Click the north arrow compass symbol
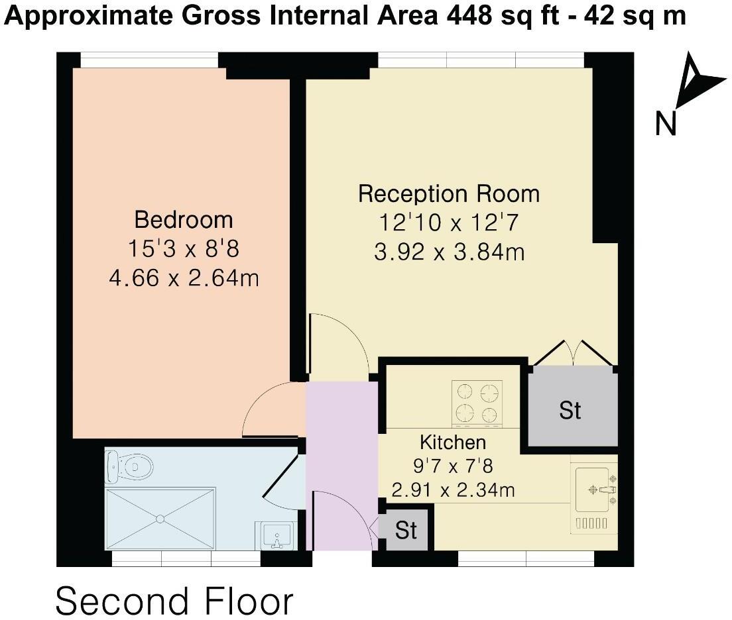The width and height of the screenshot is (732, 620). pos(696,83)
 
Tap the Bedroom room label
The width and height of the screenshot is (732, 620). pos(183,219)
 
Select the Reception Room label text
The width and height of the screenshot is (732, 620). pos(449,194)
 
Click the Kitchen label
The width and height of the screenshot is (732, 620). pos(453,442)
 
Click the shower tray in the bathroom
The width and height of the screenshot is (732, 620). pos(160,519)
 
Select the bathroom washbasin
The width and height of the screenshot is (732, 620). pos(276,535)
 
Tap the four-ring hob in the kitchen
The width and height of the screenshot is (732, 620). pos(477,403)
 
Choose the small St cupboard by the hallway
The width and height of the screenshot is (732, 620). pos(406,530)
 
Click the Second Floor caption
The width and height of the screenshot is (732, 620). pos(174,601)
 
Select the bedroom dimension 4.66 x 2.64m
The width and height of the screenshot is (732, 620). pos(183,278)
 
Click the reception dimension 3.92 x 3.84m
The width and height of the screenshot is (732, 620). pos(449,252)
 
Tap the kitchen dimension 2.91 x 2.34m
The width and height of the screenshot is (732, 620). pos(453,490)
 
